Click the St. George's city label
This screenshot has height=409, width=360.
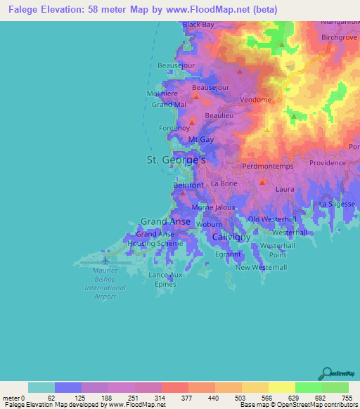tap(175, 160)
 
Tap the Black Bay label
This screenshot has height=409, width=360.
tap(198, 25)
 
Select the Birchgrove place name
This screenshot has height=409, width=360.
tap(340, 36)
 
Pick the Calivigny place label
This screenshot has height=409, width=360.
tap(231, 238)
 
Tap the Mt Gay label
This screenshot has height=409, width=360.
tap(201, 140)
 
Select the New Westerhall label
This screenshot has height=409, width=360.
tap(261, 268)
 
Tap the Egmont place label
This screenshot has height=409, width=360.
tap(228, 254)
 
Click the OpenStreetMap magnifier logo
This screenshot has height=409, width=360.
tap(326, 372)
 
